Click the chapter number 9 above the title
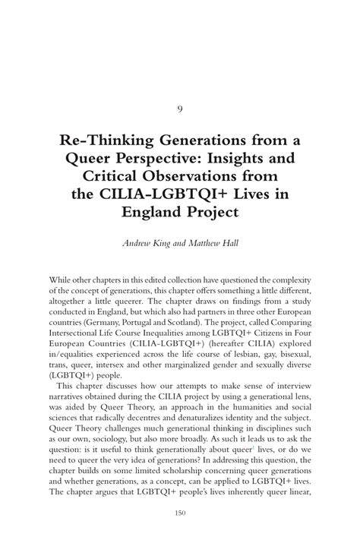[180, 109]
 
